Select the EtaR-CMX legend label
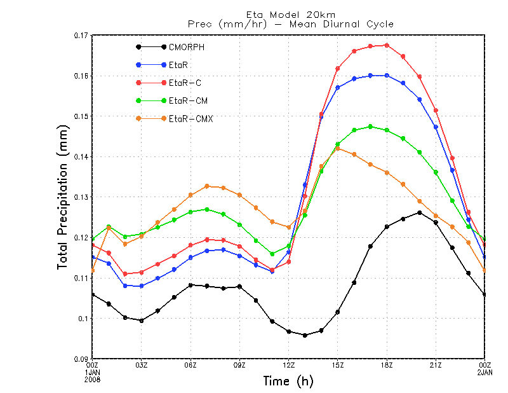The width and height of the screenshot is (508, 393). click(x=191, y=118)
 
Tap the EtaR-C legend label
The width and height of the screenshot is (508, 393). click(x=185, y=83)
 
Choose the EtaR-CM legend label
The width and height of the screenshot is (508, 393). click(x=188, y=100)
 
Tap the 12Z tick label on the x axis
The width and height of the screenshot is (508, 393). click(x=288, y=366)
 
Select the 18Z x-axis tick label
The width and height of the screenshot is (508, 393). click(x=387, y=366)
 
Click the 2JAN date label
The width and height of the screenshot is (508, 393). click(x=485, y=372)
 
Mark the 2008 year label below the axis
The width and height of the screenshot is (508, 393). click(x=93, y=379)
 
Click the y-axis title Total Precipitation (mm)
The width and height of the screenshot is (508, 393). click(x=64, y=197)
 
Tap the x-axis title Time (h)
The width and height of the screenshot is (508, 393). click(x=288, y=382)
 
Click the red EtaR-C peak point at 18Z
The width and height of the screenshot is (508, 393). click(x=387, y=45)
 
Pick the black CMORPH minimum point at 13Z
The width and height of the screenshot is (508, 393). click(x=305, y=335)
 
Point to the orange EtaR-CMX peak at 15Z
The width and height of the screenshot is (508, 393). click(x=338, y=149)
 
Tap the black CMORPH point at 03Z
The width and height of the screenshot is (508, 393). click(x=142, y=321)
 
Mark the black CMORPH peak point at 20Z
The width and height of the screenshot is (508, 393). click(x=419, y=212)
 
